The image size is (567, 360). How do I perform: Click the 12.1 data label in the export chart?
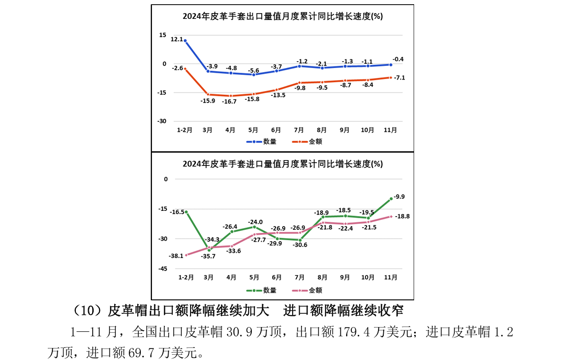tap(176, 39)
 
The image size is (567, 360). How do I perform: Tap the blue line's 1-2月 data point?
tap(185, 40)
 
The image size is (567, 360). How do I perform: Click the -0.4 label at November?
tap(398, 59)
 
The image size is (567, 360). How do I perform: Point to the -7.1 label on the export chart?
tap(399, 77)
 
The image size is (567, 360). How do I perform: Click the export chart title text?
tap(282, 16)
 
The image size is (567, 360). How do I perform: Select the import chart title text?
tap(282, 164)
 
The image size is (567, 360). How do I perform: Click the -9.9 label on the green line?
tap(399, 197)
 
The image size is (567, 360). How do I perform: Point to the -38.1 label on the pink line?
tap(176, 256)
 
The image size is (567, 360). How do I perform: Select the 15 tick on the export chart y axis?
tap(163, 35)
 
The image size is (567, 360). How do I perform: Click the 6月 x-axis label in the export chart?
tap(276, 129)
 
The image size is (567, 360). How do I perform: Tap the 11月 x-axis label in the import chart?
tap(391, 277)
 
